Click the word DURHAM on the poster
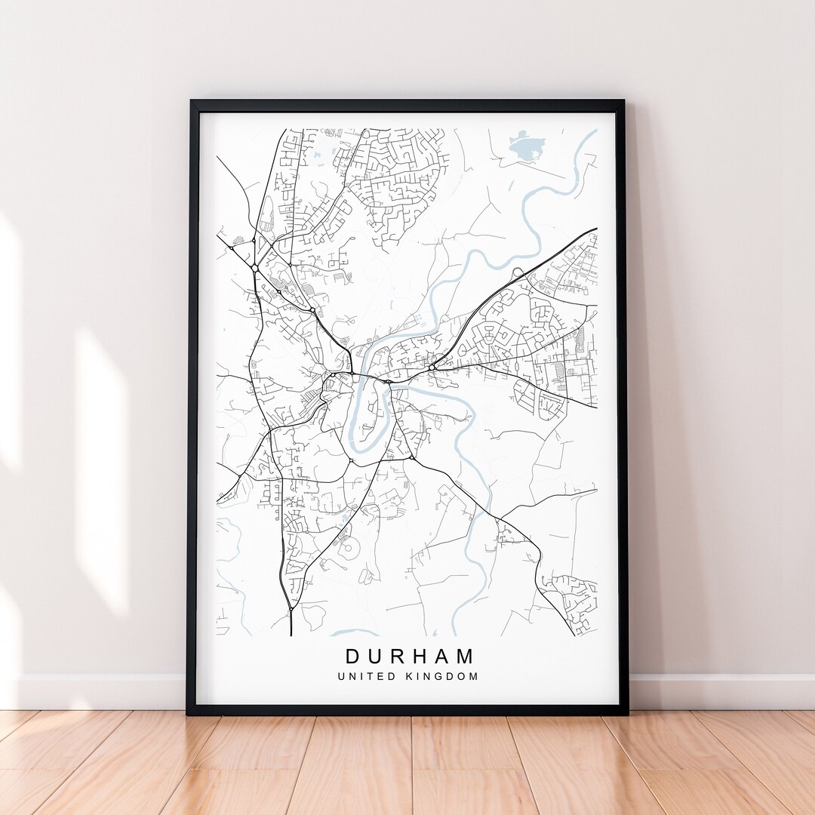click(x=410, y=656)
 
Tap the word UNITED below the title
click(x=364, y=676)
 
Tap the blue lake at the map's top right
click(x=527, y=146)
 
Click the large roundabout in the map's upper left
click(x=255, y=268)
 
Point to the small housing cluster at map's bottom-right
click(x=575, y=596)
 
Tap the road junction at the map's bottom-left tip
click(x=291, y=607)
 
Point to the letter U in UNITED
click(x=342, y=676)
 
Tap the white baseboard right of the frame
click(x=717, y=691)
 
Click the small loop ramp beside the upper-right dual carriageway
click(x=518, y=272)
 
